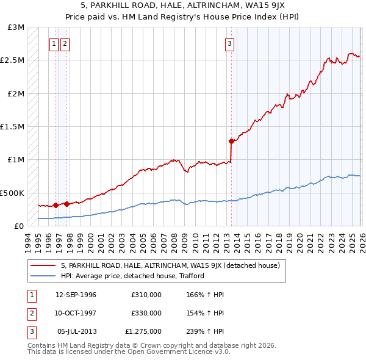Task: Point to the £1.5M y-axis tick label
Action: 13,127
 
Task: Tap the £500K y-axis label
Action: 12,193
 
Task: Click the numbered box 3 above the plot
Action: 230,43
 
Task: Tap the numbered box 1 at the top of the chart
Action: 54,43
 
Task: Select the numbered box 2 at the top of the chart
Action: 65,43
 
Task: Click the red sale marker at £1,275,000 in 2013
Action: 231,142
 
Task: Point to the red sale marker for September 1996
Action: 56,206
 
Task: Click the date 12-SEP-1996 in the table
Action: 76,295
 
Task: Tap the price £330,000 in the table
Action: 146,313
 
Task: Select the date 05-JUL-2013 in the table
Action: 76,331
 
